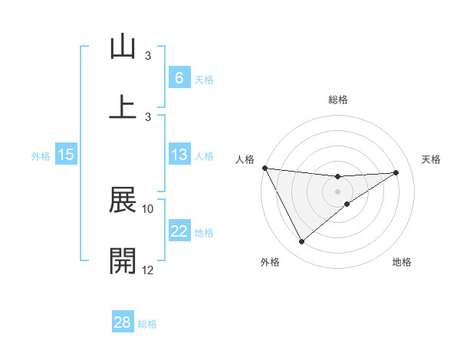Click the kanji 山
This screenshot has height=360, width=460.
[x=123, y=47]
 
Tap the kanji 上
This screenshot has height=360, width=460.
[x=123, y=106]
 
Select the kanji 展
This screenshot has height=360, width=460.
[x=123, y=201]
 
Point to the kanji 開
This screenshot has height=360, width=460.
[x=123, y=260]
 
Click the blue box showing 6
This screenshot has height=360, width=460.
[x=179, y=78]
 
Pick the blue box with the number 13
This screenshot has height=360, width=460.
[x=179, y=155]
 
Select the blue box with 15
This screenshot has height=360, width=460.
[x=66, y=155]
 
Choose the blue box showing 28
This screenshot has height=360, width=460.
[x=122, y=322]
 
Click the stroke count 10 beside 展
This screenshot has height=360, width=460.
[x=148, y=208]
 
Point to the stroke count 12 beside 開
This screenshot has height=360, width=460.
[x=148, y=270]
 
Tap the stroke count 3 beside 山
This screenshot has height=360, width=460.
[x=148, y=56]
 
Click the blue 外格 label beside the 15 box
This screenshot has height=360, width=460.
[x=41, y=156]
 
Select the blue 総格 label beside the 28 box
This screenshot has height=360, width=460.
[x=147, y=323]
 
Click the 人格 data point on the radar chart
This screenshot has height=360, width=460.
[x=264, y=168]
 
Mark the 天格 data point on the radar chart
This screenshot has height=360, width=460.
[x=396, y=172]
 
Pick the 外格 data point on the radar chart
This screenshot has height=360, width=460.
[x=301, y=242]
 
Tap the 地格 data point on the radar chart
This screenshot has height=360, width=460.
[x=347, y=204]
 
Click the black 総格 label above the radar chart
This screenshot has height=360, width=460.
[x=338, y=100]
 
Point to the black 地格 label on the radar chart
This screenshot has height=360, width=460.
[x=402, y=262]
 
